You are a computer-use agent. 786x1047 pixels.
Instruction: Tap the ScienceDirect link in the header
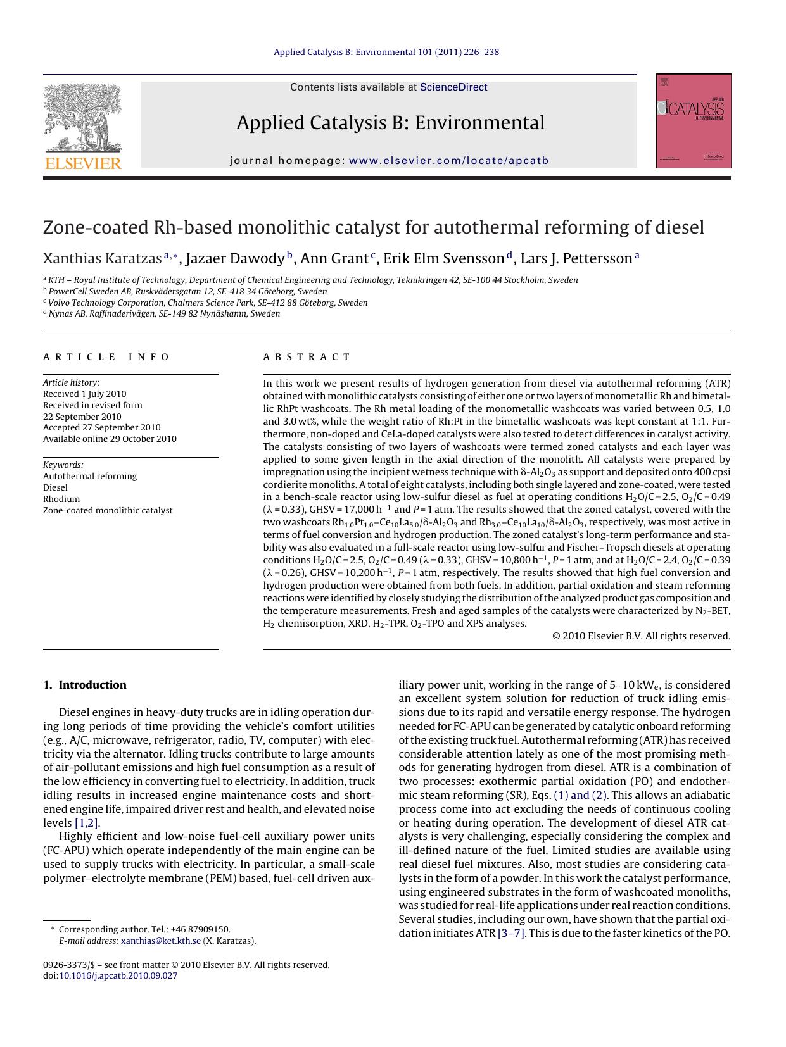(x=453, y=87)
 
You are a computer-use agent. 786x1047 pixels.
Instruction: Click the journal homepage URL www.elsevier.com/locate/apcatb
(x=448, y=161)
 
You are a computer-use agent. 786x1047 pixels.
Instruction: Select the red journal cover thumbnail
(x=694, y=121)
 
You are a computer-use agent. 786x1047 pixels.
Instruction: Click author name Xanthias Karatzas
(x=102, y=259)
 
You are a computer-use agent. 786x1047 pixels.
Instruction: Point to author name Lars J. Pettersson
(x=576, y=259)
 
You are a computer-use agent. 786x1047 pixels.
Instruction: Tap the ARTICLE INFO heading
(x=106, y=357)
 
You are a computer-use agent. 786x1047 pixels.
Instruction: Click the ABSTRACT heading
(x=307, y=357)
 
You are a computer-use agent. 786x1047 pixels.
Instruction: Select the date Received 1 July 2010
(x=85, y=394)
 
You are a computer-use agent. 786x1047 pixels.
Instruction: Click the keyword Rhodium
(x=61, y=499)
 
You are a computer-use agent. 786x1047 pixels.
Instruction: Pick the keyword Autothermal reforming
(x=90, y=476)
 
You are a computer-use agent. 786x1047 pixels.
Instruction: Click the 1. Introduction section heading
(x=85, y=685)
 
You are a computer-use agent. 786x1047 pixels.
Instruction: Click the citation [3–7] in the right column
(x=511, y=933)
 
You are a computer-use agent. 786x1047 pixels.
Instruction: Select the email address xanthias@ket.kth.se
(x=161, y=941)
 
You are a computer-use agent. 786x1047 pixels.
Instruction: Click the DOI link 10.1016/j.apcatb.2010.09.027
(x=118, y=975)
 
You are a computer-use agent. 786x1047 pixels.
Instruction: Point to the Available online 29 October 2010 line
(x=110, y=439)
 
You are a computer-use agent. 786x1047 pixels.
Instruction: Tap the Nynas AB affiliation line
(x=164, y=313)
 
